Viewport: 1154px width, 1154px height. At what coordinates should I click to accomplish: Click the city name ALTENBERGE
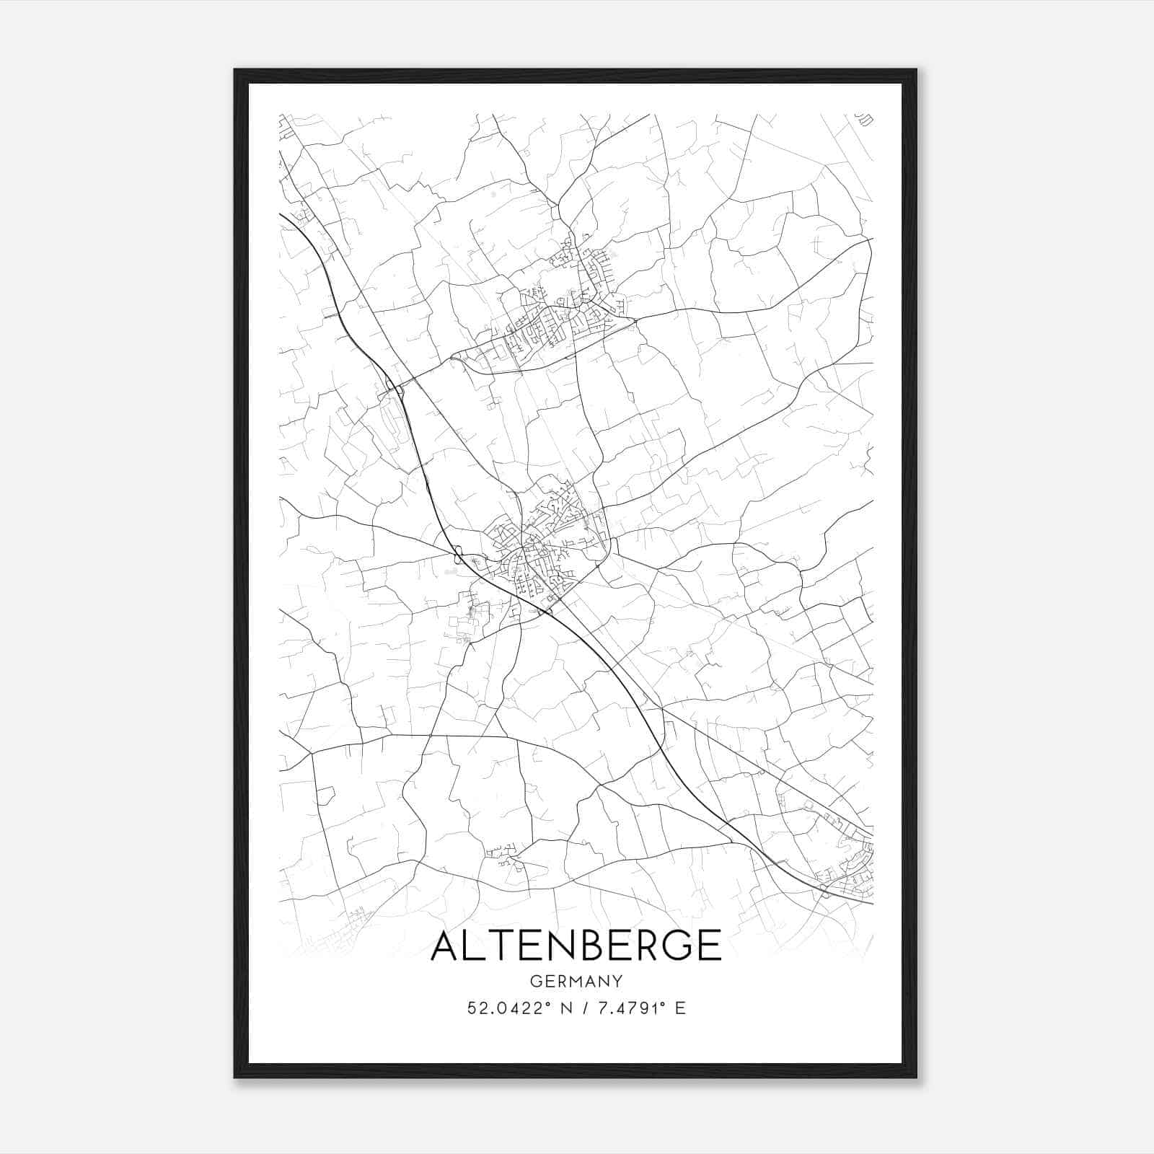(x=576, y=946)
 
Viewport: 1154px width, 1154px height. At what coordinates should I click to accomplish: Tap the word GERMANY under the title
(x=576, y=981)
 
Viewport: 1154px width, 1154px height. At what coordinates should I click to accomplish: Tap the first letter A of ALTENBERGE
(x=447, y=946)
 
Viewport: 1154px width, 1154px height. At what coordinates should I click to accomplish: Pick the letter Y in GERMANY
(x=616, y=981)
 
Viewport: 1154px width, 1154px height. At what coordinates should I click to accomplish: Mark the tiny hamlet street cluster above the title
(x=503, y=855)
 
